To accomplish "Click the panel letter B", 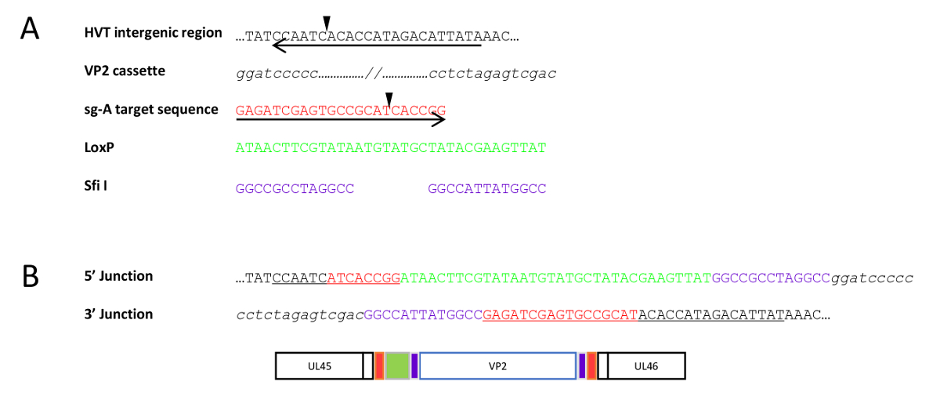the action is click(30, 277).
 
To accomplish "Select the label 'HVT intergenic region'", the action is click(154, 34).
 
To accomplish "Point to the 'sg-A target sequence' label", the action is click(151, 109).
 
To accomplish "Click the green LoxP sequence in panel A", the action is click(391, 147).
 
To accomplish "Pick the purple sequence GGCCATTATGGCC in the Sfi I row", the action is click(486, 189).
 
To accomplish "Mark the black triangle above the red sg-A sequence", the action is click(389, 98).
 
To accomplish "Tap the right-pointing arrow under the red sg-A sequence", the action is click(341, 120).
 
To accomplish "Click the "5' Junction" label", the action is click(118, 276).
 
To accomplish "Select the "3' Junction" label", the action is click(118, 314).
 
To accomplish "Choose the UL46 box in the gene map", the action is click(645, 366).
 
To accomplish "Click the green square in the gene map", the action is click(398, 366).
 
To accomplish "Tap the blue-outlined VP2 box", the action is click(497, 366).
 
